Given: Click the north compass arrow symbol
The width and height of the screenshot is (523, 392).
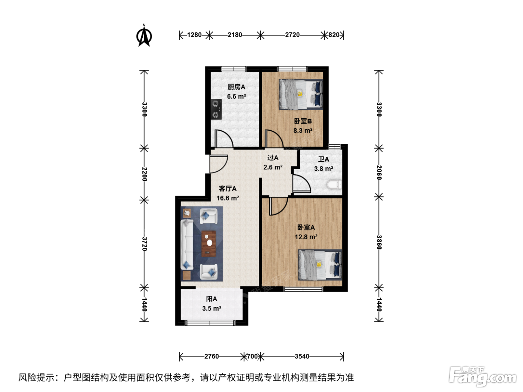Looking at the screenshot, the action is (144, 36).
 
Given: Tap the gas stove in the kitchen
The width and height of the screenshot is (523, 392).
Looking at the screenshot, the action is (216, 109).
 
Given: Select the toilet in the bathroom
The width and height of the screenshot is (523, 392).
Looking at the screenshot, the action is (334, 185).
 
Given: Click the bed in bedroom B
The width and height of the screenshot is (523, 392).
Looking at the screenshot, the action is (301, 94).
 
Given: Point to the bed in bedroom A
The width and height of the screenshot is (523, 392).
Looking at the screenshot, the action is (320, 265).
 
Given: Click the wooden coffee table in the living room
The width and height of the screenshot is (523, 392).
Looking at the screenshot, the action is (209, 244).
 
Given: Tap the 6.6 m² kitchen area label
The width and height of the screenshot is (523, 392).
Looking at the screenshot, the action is (236, 96).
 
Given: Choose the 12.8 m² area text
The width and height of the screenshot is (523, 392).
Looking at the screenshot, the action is (306, 237).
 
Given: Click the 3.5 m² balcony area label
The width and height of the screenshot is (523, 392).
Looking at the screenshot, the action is (211, 308).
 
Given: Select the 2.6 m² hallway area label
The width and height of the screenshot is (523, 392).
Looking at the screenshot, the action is (273, 167).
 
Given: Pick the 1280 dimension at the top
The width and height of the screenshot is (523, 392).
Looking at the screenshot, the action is (194, 35).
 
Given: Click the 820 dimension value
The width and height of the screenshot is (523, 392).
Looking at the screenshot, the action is (334, 35).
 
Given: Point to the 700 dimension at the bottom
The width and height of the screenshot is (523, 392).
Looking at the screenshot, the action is (252, 356).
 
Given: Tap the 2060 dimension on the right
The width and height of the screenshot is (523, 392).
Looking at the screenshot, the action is (379, 173).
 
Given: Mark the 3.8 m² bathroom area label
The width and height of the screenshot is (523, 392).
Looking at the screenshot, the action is (324, 169).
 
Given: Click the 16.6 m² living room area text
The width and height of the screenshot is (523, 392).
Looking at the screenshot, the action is (228, 198).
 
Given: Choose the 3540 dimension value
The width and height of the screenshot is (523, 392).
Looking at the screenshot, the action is (302, 356).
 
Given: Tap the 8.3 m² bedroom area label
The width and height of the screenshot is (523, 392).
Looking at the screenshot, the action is (303, 130).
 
